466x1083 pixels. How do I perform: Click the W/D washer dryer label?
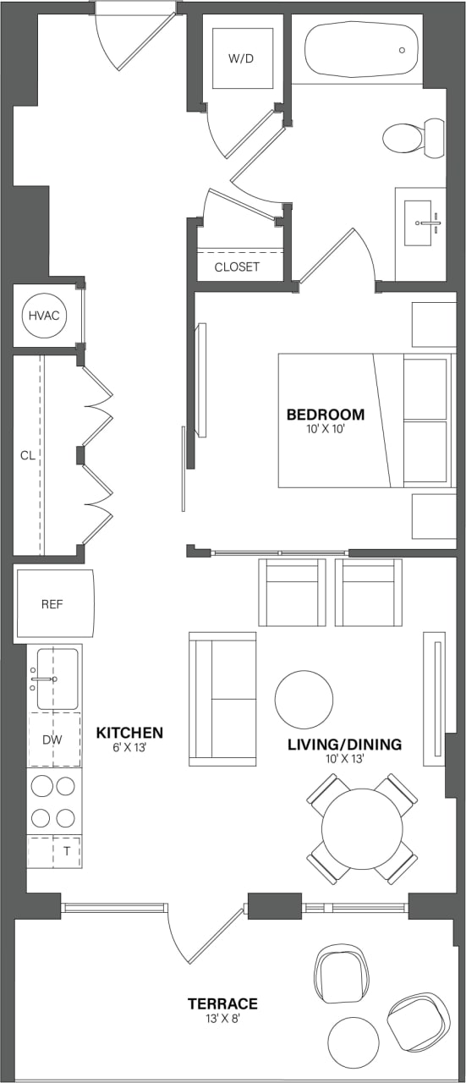pos(242,59)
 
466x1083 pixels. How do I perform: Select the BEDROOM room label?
pos(326,415)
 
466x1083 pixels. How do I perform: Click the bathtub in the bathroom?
pos(362,50)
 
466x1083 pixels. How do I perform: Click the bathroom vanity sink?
pos(419,223)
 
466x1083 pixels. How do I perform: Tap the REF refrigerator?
pos(52,604)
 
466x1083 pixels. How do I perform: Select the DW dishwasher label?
pos(52,739)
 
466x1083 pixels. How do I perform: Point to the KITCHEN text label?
pos(129,732)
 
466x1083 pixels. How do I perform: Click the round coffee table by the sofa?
pos(304,699)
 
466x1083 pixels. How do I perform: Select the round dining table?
pos(362,829)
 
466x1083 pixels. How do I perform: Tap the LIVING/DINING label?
pos(344,745)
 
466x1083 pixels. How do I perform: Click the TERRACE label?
pos(222,1003)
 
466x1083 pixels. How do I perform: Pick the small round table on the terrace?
pos(353,1042)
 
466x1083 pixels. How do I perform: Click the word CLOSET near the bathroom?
pos(237,267)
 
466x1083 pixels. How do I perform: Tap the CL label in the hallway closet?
pos(28,455)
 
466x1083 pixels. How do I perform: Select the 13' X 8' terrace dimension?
pos(222,1020)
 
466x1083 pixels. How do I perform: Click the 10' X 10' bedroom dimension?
pos(326,430)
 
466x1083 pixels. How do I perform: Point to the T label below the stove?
pos(66,851)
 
